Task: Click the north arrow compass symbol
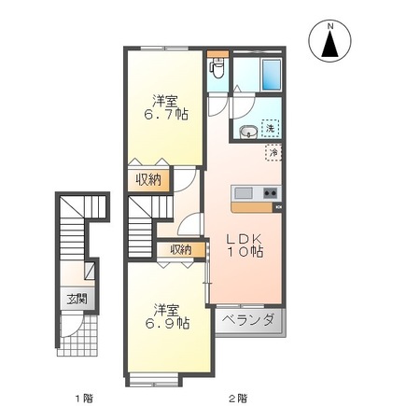click(329, 40)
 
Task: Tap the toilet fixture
click(217, 68)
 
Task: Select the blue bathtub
click(272, 74)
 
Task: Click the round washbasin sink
click(248, 132)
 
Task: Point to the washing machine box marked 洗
click(270, 129)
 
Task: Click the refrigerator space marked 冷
click(273, 152)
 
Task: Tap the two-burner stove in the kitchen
click(270, 193)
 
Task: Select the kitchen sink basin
click(244, 193)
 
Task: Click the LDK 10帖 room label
click(245, 245)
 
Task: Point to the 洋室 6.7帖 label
click(165, 107)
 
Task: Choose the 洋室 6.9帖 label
click(167, 316)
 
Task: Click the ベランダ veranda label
click(249, 319)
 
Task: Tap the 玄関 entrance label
click(77, 299)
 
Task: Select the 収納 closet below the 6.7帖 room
click(149, 180)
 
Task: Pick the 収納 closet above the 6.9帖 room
click(181, 250)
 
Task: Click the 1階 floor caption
click(84, 398)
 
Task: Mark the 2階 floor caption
click(239, 398)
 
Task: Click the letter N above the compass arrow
click(330, 26)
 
